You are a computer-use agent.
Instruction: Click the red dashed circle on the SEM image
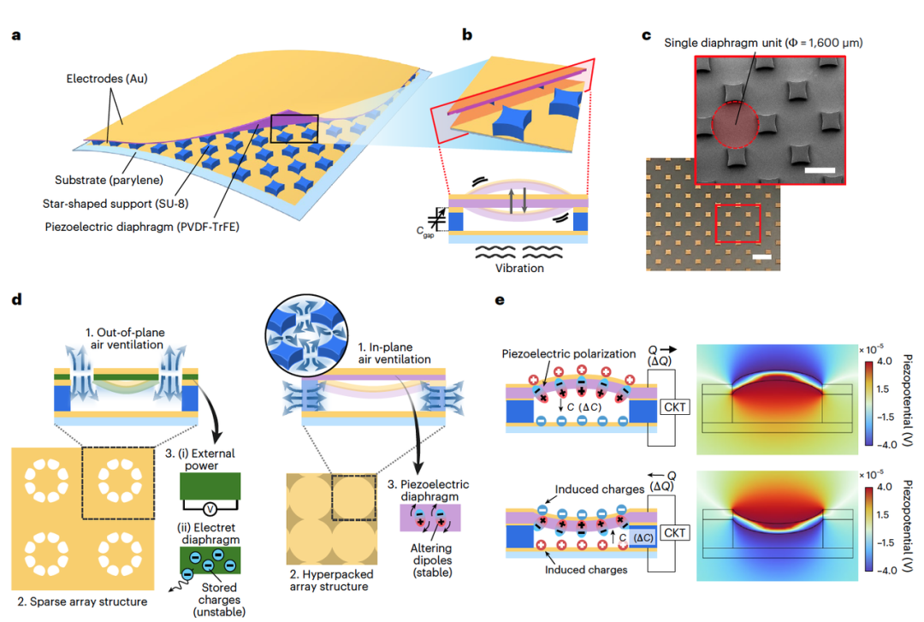click(x=734, y=125)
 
